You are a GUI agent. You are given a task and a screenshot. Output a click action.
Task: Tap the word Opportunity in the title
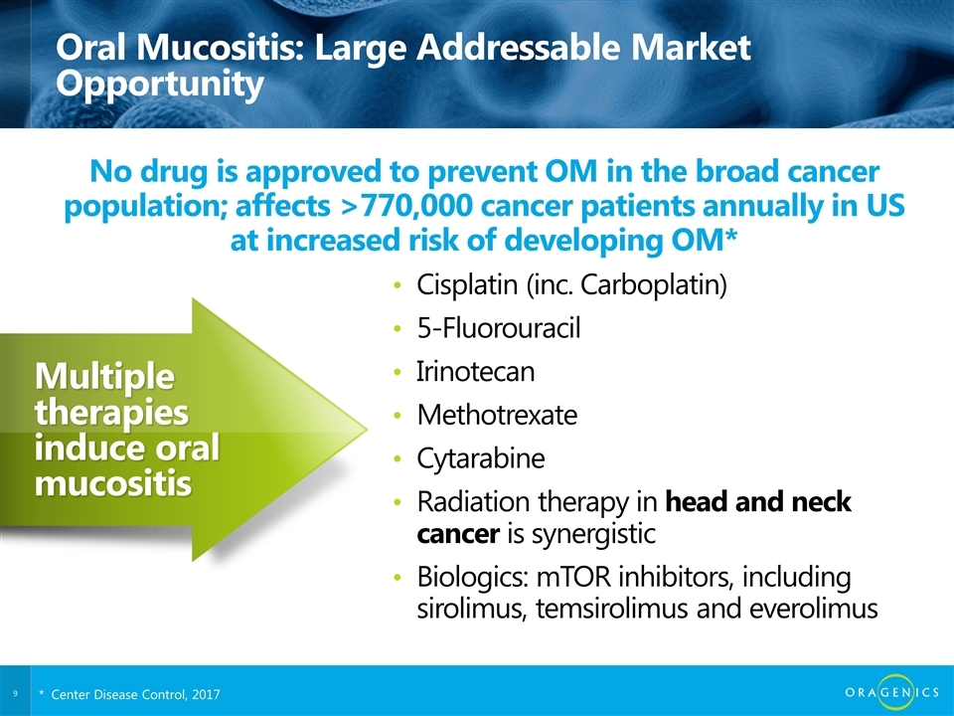point(159,85)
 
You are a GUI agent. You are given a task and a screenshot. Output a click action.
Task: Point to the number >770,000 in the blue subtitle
point(410,206)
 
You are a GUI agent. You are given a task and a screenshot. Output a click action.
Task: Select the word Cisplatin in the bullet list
point(467,285)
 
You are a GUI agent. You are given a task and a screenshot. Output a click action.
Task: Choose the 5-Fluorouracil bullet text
point(498,328)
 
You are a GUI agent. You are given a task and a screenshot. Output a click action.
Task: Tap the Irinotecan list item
point(475,371)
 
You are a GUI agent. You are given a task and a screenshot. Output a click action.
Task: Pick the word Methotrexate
point(497,415)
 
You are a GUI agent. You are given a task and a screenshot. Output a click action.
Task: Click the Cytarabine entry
point(481,458)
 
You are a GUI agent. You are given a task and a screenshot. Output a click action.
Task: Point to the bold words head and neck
point(758,501)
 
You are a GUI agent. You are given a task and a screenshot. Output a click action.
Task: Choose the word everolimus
point(814,609)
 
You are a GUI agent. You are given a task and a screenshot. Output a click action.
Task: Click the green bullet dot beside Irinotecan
point(397,372)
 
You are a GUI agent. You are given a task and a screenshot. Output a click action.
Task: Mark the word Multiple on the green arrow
point(104,376)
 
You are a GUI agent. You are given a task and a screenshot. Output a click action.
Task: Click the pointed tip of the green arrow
point(367,430)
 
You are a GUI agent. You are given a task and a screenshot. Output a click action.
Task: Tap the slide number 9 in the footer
point(15,693)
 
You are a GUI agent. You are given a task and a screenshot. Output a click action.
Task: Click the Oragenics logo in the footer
point(892,692)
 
